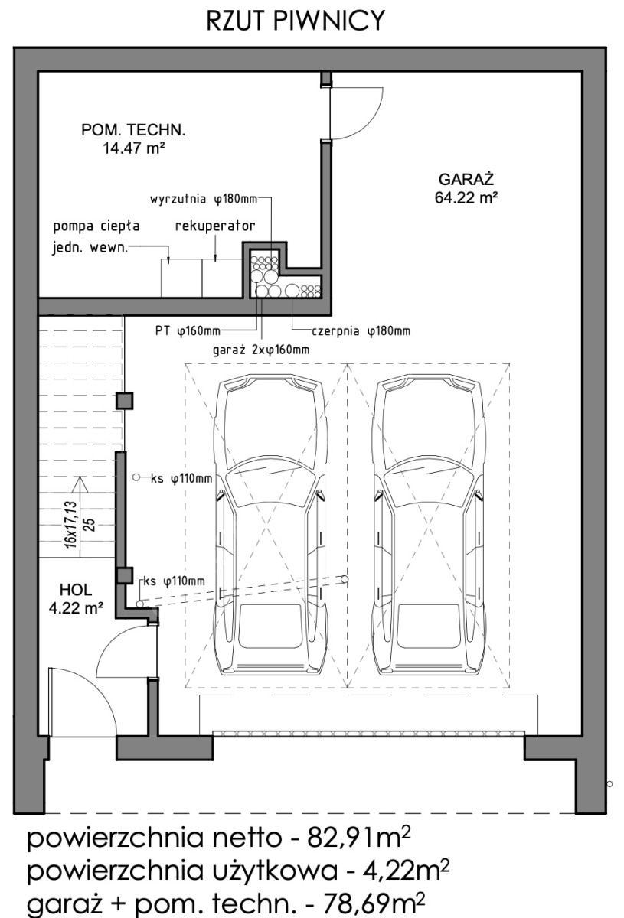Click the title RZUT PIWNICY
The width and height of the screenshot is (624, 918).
point(296,21)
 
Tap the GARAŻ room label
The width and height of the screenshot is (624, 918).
point(466,180)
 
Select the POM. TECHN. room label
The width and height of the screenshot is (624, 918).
point(133,130)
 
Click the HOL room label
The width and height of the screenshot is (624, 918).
point(76,590)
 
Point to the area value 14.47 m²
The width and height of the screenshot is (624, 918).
point(134,148)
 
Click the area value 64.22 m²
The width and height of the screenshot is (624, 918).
point(466,198)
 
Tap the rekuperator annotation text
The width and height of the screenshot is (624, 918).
point(215,226)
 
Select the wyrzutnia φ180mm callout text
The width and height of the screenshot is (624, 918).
point(204,200)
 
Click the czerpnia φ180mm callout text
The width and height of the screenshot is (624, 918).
point(361,330)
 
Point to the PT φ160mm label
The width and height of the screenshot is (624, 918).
point(188,330)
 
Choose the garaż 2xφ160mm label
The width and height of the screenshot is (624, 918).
point(261,350)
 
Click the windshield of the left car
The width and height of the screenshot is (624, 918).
point(271,480)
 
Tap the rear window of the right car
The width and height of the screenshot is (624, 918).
point(429,626)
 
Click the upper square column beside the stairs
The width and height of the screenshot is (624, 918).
point(124,401)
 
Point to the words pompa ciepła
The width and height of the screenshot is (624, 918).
point(96,226)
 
